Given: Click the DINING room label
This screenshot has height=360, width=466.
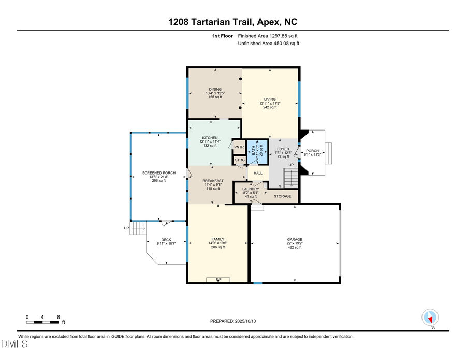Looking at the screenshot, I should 215,89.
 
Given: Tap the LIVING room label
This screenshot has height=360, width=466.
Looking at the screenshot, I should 270,99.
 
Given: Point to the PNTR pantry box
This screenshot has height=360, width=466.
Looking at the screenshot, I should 239,147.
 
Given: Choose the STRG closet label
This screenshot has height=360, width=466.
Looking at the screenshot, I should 239,160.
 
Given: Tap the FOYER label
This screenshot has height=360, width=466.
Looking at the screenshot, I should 283,149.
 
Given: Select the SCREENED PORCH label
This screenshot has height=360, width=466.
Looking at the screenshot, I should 159,173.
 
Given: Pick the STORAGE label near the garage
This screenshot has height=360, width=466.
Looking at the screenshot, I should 283,196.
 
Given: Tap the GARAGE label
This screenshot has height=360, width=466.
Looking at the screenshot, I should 295,240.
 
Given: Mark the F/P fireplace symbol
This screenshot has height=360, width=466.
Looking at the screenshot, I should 218,280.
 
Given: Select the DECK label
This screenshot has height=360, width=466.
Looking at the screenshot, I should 166,240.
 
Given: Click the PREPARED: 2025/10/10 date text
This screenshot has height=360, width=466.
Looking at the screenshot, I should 233,321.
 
